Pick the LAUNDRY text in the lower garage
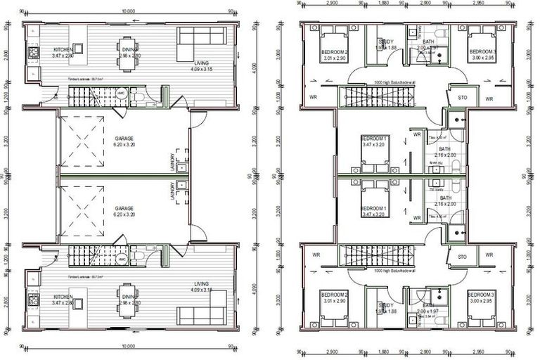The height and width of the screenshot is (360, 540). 172,189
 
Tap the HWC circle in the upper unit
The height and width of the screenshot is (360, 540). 121,94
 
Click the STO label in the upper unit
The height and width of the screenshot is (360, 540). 462,97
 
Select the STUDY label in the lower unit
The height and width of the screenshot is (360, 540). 386,305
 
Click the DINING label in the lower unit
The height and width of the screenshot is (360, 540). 128,297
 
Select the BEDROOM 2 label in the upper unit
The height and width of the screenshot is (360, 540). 335,52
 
